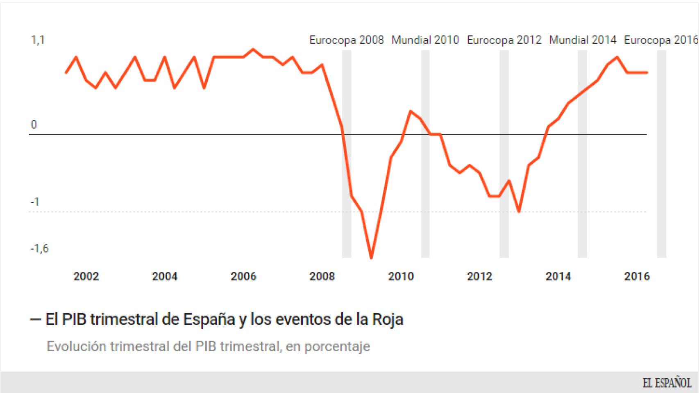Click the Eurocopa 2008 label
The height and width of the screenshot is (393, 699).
346,40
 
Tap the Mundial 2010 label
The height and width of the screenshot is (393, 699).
425,40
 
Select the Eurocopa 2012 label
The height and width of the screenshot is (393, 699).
504,40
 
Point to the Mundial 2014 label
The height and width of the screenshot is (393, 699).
582,40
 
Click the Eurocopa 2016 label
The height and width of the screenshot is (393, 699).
660,40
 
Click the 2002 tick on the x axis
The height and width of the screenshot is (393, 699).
86,276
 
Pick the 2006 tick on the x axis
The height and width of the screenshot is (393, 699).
243,276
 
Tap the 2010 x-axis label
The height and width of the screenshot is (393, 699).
401,276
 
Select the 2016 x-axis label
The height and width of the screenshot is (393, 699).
637,276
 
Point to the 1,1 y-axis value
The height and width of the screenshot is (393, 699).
38,40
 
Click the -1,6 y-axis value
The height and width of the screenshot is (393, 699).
39,248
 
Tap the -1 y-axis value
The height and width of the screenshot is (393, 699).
35,202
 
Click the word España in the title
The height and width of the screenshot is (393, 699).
209,319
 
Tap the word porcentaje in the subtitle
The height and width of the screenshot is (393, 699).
337,346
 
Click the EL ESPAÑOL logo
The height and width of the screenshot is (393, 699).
667,383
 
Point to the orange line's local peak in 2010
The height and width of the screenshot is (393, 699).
411,111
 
